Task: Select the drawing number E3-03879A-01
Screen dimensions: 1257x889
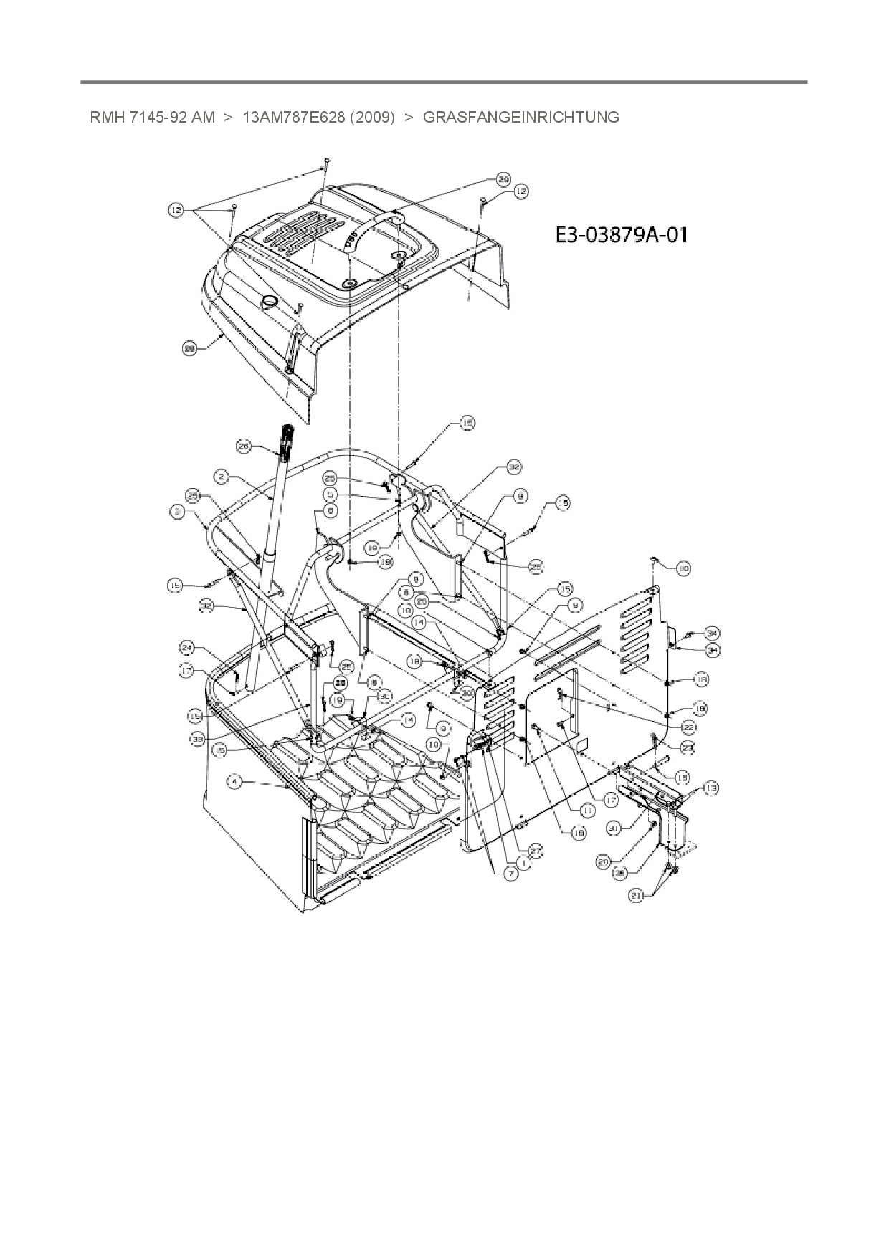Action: click(x=621, y=234)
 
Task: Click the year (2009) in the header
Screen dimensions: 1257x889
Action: click(x=372, y=117)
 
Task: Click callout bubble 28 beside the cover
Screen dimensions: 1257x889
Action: click(x=190, y=349)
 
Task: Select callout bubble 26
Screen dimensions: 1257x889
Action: click(x=244, y=446)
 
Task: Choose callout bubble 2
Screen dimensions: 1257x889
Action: click(x=221, y=476)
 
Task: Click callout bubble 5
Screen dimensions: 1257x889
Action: click(x=330, y=494)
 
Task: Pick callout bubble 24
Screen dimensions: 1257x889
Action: click(x=187, y=648)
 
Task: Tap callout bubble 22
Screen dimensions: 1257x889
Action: click(x=689, y=727)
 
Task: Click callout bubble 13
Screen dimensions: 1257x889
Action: click(x=710, y=788)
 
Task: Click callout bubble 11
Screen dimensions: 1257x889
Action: click(x=588, y=810)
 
